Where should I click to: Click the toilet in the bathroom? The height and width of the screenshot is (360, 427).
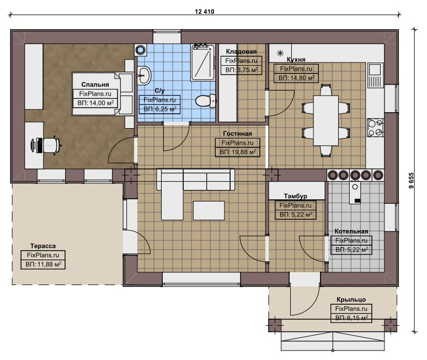coord(205,101)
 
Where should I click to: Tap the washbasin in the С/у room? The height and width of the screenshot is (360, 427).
coord(144,75)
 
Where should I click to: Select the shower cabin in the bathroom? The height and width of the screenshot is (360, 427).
coord(203,62)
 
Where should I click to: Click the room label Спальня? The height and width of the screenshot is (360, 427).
coord(95,84)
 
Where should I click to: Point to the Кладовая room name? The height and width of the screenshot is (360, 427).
coord(241,51)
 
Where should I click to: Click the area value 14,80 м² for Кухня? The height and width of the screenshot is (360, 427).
coord(296,78)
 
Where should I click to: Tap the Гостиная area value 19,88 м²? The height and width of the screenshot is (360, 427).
coord(238,152)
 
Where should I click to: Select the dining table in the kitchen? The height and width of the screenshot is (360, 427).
coord(326,120)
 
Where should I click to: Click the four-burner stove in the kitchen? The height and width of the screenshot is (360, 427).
coord(375,128)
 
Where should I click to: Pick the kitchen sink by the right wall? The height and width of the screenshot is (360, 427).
coord(375,75)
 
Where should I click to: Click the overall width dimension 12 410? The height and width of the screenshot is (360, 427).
coord(205,12)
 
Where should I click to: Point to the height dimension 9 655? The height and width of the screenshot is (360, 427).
coord(411,180)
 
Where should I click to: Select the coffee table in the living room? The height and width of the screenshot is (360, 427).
coord(209,210)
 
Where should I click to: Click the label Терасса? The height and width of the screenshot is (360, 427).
coord(42,246)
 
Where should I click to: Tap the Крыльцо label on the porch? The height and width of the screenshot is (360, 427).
coord(351,299)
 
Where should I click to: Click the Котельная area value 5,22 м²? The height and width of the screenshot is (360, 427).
coord(351,250)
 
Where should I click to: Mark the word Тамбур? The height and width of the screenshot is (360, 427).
coord(296,196)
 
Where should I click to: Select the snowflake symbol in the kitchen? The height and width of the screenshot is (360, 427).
coord(280,53)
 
